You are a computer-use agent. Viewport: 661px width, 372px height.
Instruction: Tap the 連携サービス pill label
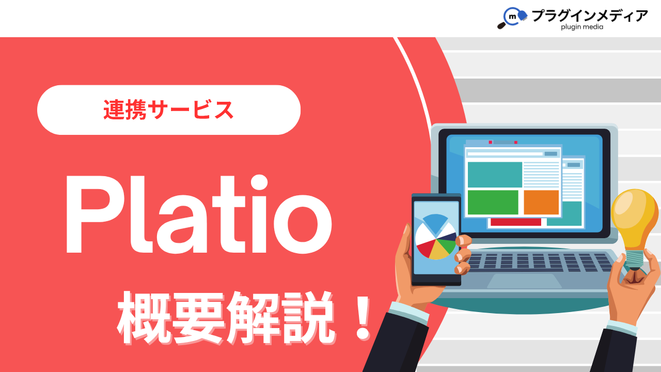click(168, 110)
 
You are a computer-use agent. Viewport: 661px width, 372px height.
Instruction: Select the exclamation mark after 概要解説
click(363, 318)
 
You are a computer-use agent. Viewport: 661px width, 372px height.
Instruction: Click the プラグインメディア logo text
click(590, 15)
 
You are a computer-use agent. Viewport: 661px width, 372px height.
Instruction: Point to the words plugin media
click(582, 27)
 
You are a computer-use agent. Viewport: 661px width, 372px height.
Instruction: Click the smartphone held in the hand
click(436, 239)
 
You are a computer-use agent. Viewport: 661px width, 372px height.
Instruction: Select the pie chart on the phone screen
click(435, 237)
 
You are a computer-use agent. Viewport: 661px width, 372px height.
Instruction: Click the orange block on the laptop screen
click(541, 202)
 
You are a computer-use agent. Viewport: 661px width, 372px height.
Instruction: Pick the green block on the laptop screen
click(493, 202)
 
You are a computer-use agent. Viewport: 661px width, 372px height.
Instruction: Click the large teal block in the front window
click(495, 175)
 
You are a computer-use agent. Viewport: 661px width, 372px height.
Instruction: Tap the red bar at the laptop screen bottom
click(516, 222)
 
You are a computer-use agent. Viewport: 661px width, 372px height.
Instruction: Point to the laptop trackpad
click(524, 281)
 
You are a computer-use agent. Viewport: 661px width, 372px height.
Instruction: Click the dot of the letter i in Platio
click(259, 183)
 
